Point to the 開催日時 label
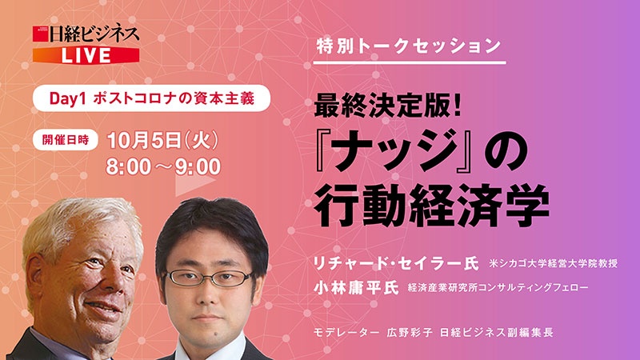tap(65, 137)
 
